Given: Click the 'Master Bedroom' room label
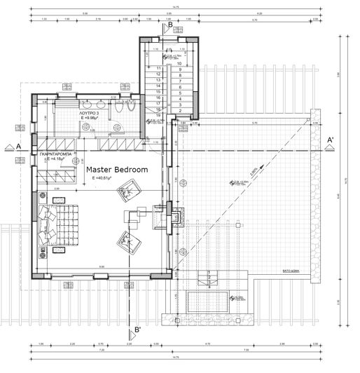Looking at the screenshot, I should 117,170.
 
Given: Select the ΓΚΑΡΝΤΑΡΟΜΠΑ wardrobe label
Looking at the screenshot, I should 57,153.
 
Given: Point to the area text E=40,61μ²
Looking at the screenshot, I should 102,179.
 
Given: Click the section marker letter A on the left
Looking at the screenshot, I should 19,145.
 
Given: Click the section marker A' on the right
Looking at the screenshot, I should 331,140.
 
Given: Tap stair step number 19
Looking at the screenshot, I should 160,116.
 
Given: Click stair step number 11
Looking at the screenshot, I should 160,69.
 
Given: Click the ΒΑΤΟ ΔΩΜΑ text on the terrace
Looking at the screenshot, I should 292,269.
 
